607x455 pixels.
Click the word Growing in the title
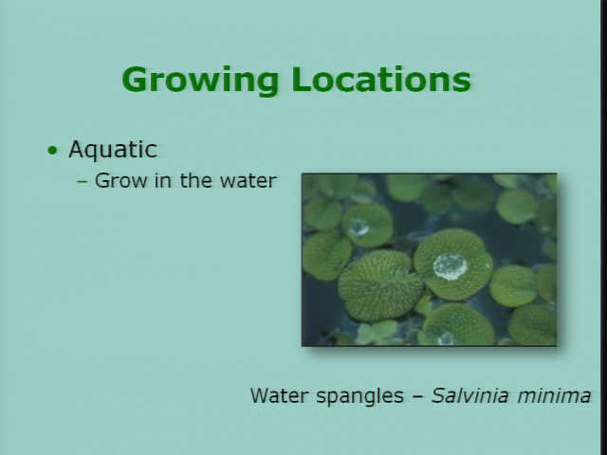pyautogui.click(x=200, y=81)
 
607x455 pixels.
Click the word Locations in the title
pyautogui.click(x=381, y=80)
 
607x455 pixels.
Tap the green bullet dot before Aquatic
pyautogui.click(x=52, y=150)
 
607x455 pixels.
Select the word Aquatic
pyautogui.click(x=113, y=150)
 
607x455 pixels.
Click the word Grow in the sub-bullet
pyautogui.click(x=120, y=181)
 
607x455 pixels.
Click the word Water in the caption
pyautogui.click(x=279, y=395)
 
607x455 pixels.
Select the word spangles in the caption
pyautogui.click(x=359, y=396)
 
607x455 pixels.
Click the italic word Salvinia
pyautogui.click(x=469, y=395)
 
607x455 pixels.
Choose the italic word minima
pyautogui.click(x=554, y=396)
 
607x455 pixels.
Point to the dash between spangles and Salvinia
pyautogui.click(x=417, y=396)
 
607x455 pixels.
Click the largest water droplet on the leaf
pyautogui.click(x=450, y=266)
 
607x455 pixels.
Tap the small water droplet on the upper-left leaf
pyautogui.click(x=359, y=227)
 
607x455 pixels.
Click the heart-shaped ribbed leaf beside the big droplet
pyautogui.click(x=379, y=284)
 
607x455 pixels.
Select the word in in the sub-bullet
pyautogui.click(x=163, y=180)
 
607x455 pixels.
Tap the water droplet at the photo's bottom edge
pyautogui.click(x=446, y=339)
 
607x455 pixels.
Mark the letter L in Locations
pyautogui.click(x=301, y=80)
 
